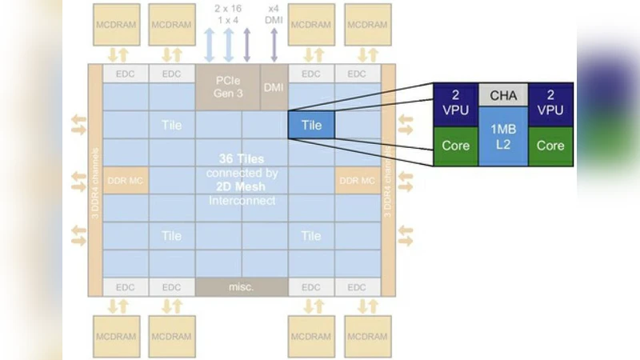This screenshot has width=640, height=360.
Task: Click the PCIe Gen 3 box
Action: (x=228, y=86)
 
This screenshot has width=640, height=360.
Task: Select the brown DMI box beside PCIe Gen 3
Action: (x=274, y=86)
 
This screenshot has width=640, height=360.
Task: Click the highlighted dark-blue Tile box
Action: (x=311, y=125)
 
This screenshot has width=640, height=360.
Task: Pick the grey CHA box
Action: (x=503, y=96)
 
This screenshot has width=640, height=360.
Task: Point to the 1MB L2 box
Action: (x=503, y=137)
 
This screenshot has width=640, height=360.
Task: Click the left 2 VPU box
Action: (x=456, y=103)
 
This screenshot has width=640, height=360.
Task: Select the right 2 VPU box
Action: (x=550, y=103)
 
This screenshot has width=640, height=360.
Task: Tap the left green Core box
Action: (x=456, y=146)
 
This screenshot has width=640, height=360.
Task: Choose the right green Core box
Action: (x=550, y=146)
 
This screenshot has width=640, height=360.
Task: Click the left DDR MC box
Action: (x=125, y=181)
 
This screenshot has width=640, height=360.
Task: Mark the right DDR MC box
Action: (x=357, y=181)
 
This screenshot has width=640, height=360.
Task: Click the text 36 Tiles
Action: (x=241, y=158)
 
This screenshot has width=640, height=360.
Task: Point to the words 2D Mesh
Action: (x=241, y=186)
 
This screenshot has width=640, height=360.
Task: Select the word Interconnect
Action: (x=241, y=200)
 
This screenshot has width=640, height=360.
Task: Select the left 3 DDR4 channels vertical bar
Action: (x=95, y=181)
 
